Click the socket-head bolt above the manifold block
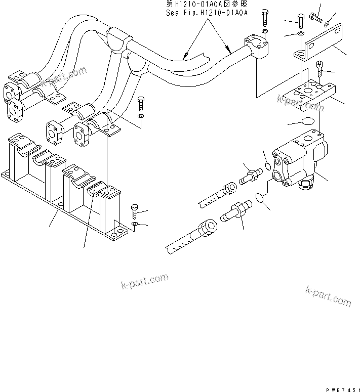click(x=320, y=68)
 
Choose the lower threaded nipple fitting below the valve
click(x=236, y=212)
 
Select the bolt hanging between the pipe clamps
click(x=141, y=103)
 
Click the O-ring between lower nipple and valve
click(x=260, y=198)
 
